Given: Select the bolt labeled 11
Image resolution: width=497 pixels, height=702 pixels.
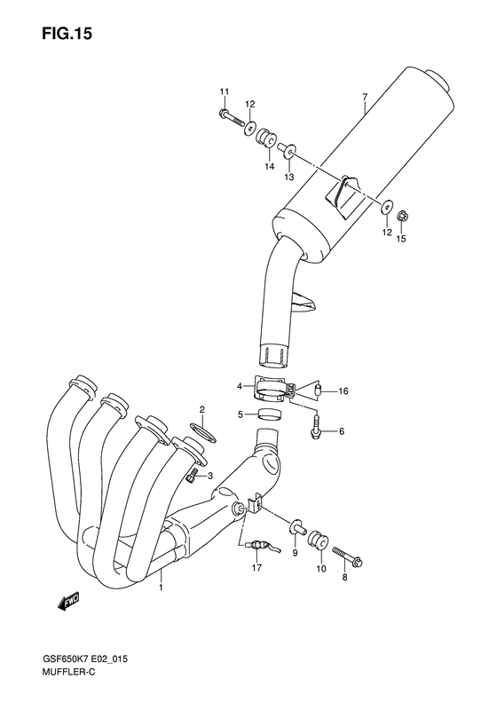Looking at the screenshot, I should point(231,118).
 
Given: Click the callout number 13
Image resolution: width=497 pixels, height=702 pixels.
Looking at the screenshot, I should point(288,177).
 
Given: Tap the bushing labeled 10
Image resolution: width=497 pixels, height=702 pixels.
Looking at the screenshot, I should point(314,540).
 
